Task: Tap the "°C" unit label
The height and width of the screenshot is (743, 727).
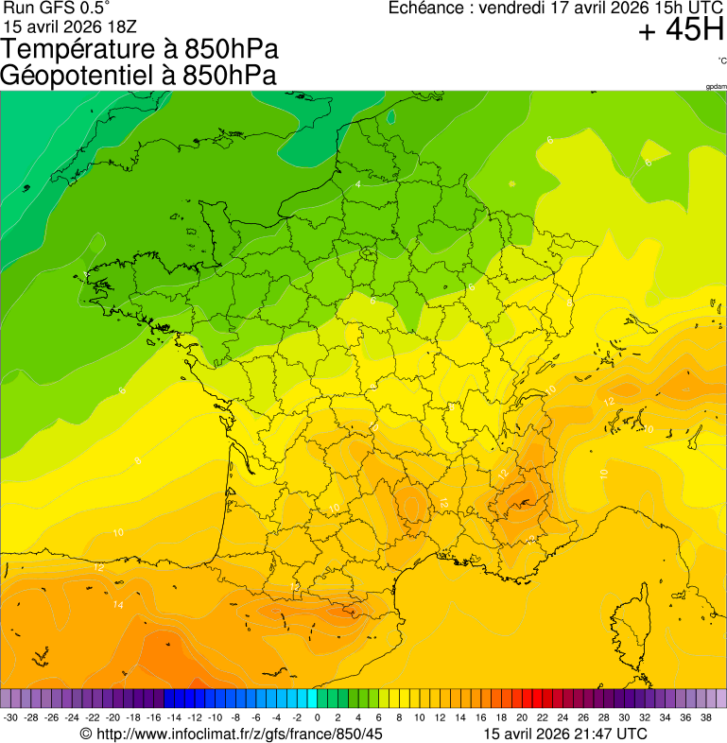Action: tap(720, 60)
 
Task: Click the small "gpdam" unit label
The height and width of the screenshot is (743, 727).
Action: tap(717, 86)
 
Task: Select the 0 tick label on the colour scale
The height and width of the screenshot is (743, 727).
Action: tap(317, 717)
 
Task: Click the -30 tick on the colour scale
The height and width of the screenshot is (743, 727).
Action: tap(11, 717)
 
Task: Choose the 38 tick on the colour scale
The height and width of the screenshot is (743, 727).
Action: tap(704, 717)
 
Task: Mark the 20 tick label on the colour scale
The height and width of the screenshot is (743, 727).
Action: tap(521, 717)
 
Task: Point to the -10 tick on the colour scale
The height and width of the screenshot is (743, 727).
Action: tap(215, 717)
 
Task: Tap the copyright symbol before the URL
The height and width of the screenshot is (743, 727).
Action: tap(85, 734)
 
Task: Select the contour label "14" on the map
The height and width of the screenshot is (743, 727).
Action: tap(118, 604)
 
